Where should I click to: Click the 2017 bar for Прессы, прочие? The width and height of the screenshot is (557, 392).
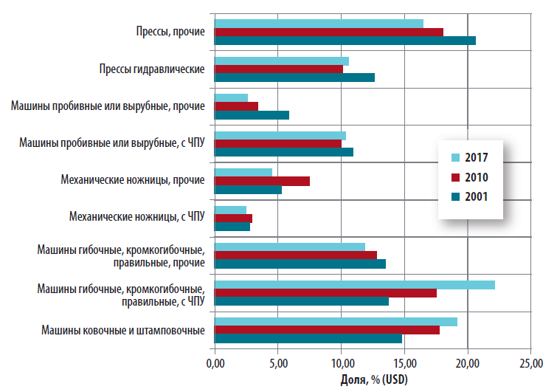pos(318,23)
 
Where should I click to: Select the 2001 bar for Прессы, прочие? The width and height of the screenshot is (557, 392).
pos(345,41)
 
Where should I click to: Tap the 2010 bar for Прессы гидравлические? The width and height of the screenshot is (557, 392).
pos(278,69)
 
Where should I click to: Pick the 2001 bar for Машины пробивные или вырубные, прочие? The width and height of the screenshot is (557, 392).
pos(251,114)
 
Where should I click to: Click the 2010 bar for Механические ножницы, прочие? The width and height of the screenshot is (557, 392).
pos(261,181)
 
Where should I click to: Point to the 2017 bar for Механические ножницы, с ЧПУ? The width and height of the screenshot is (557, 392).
pos(229,210)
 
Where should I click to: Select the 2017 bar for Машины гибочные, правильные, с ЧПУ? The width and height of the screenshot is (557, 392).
pos(354,285)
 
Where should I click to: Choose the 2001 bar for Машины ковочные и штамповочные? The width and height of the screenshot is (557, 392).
pos(308,338)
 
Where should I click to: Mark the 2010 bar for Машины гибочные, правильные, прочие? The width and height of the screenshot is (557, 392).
pos(295,255)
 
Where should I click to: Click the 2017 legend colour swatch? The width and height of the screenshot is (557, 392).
pos(455,157)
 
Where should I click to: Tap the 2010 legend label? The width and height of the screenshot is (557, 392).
pos(477,176)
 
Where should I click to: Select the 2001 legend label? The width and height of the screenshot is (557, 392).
pos(477,196)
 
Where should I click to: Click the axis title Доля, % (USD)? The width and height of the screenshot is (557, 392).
pos(373,379)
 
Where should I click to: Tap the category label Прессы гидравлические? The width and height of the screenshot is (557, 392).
pos(151,69)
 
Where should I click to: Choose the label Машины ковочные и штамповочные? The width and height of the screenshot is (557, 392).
pos(122,329)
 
